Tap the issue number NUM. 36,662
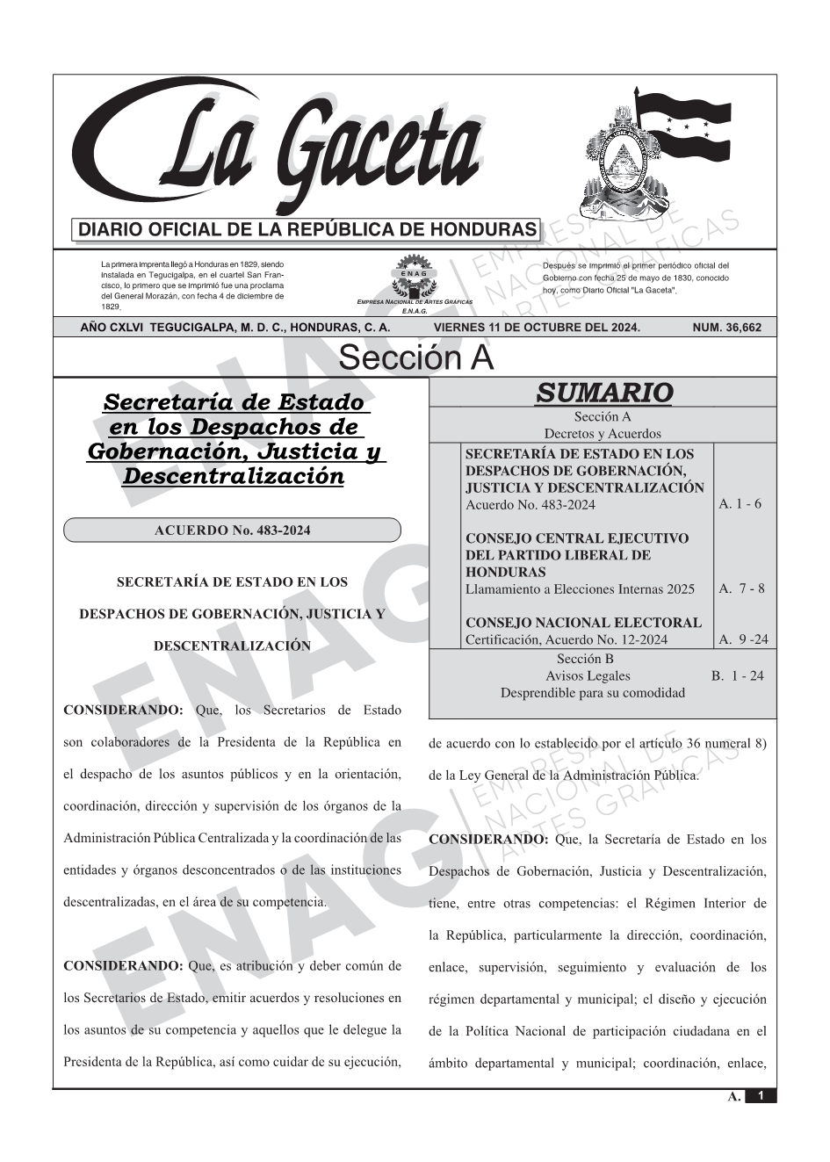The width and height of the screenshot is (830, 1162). (x=726, y=328)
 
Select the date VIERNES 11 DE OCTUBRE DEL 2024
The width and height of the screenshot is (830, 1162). (x=537, y=328)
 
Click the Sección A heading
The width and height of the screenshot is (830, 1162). (x=415, y=358)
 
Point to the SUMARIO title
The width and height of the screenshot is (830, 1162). (x=603, y=393)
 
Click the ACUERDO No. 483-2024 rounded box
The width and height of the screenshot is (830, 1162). (x=232, y=530)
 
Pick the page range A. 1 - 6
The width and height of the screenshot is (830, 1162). (x=740, y=504)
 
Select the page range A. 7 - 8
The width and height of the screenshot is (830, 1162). (x=741, y=588)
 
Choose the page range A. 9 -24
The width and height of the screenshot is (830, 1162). (x=743, y=639)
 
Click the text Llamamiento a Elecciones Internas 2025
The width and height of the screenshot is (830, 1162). (x=580, y=589)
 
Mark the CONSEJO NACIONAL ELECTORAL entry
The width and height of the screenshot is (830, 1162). (x=583, y=623)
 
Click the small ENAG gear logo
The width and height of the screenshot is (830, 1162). (x=414, y=278)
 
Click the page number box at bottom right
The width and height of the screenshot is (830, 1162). (x=761, y=1096)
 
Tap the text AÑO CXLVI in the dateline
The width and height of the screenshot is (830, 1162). (x=112, y=328)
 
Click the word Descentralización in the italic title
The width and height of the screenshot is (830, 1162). (x=233, y=477)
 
